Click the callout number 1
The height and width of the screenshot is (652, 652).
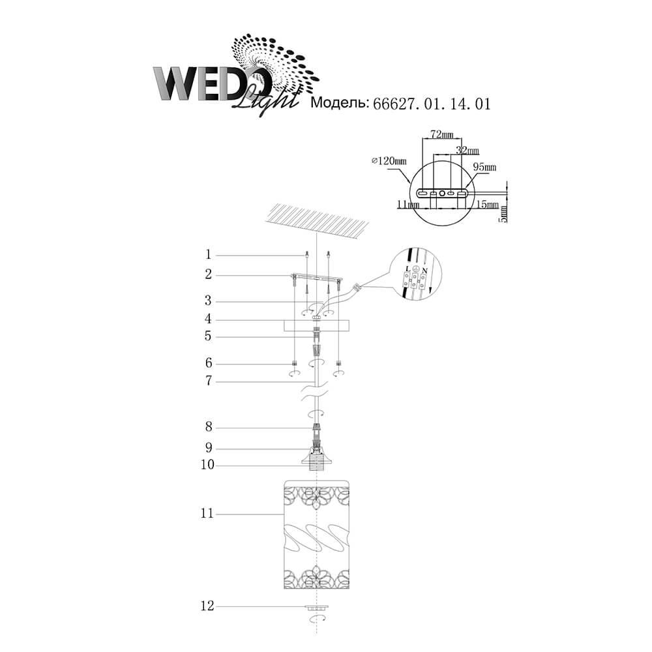pyautogui.click(x=209, y=254)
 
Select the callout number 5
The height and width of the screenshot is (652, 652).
pyautogui.click(x=208, y=336)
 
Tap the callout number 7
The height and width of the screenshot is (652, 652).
pyautogui.click(x=209, y=381)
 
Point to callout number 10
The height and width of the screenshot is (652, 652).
pyautogui.click(x=207, y=465)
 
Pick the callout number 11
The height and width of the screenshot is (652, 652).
pyautogui.click(x=207, y=514)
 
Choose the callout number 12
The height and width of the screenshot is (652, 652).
pyautogui.click(x=207, y=606)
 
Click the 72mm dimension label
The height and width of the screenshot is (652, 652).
pyautogui.click(x=441, y=134)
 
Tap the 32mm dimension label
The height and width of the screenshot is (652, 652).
pyautogui.click(x=467, y=150)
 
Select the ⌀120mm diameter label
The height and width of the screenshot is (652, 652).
pyautogui.click(x=389, y=160)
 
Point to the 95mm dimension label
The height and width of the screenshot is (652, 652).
pyautogui.click(x=485, y=167)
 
